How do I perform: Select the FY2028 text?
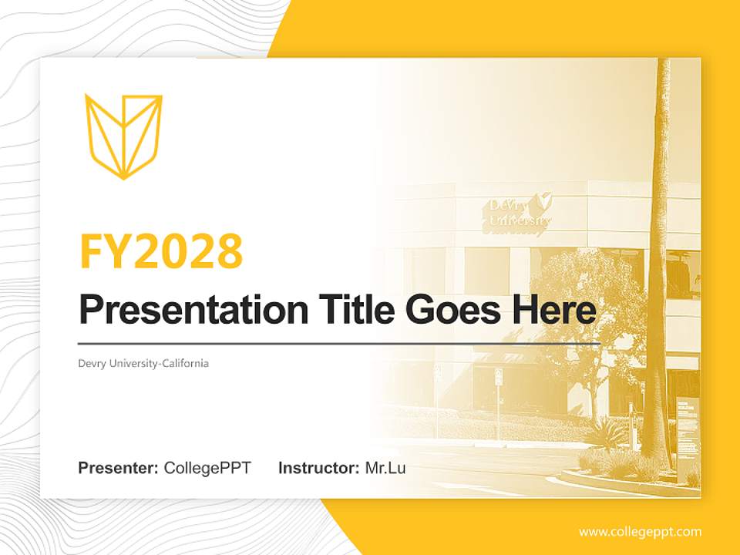[161, 251]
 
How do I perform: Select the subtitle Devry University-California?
[143, 363]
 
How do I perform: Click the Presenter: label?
[119, 468]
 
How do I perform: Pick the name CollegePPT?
[207, 468]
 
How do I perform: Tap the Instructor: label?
[318, 468]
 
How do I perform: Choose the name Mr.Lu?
[385, 468]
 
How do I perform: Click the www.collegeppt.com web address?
[640, 532]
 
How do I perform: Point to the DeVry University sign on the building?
[518, 213]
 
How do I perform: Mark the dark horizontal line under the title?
[339, 344]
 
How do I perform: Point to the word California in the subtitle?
[184, 363]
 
